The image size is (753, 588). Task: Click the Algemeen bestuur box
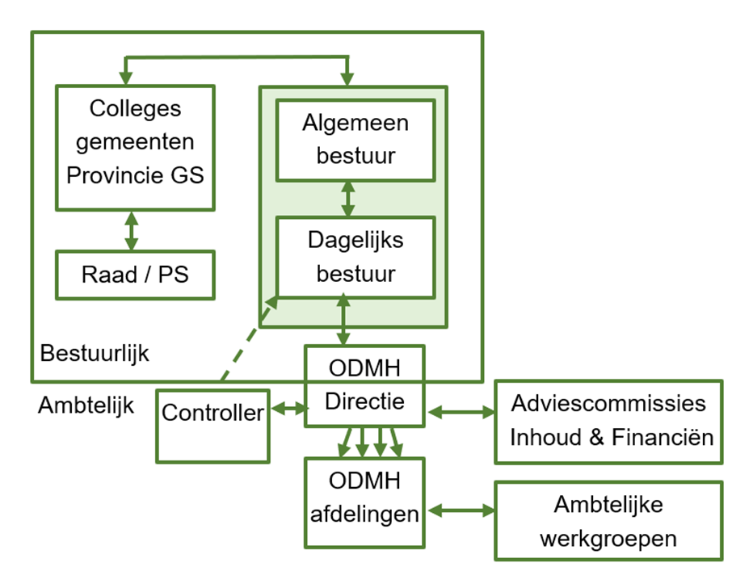(x=355, y=139)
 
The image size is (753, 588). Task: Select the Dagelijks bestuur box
(x=355, y=257)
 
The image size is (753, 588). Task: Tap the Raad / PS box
(x=135, y=275)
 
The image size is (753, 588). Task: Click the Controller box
(x=212, y=426)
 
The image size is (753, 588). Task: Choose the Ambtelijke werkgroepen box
(x=608, y=521)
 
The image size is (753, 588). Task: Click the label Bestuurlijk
(x=95, y=353)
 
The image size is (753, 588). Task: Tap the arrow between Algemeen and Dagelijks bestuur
(x=348, y=199)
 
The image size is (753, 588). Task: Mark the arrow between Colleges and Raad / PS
(x=130, y=229)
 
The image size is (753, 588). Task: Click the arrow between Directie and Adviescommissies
(x=461, y=412)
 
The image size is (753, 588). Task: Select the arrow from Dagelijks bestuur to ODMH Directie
(x=346, y=321)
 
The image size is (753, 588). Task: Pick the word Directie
(x=364, y=401)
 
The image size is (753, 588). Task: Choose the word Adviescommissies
(x=608, y=403)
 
